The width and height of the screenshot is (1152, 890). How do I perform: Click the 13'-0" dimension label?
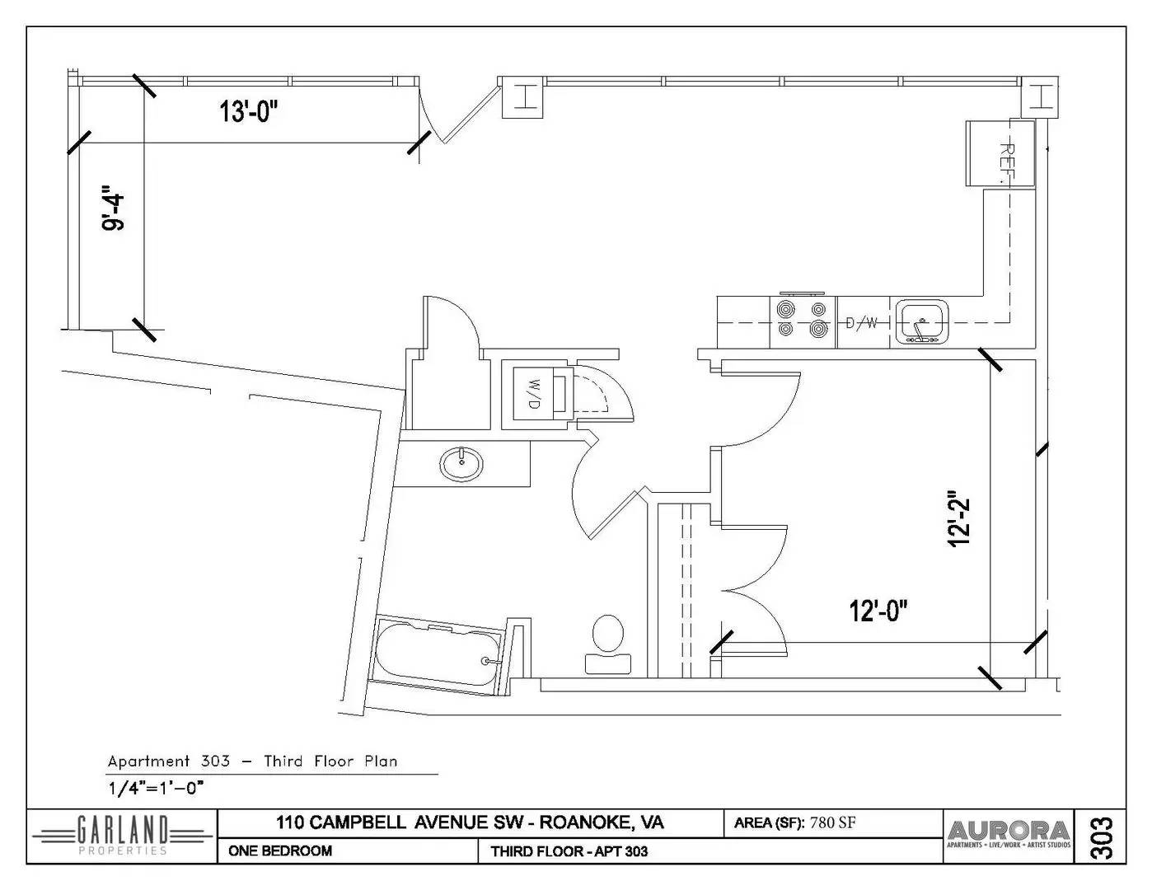[248, 111]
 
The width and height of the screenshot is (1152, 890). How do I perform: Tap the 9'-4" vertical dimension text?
[113, 211]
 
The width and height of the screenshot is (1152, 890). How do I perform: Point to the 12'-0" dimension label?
[878, 611]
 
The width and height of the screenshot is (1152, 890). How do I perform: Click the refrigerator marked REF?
[1000, 154]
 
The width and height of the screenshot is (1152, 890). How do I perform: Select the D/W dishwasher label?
[862, 322]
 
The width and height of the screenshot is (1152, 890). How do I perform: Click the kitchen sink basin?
[922, 320]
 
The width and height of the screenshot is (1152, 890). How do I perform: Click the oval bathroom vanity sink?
[462, 465]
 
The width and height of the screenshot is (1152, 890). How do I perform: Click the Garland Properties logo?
[122, 836]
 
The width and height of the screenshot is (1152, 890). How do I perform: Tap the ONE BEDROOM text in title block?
[280, 851]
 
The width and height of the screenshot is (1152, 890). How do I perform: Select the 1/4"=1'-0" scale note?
[156, 787]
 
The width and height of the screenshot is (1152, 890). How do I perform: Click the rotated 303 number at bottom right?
[1102, 836]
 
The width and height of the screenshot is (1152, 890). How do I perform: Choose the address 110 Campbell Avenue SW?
[470, 822]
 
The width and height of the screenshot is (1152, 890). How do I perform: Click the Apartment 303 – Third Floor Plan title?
[252, 761]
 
